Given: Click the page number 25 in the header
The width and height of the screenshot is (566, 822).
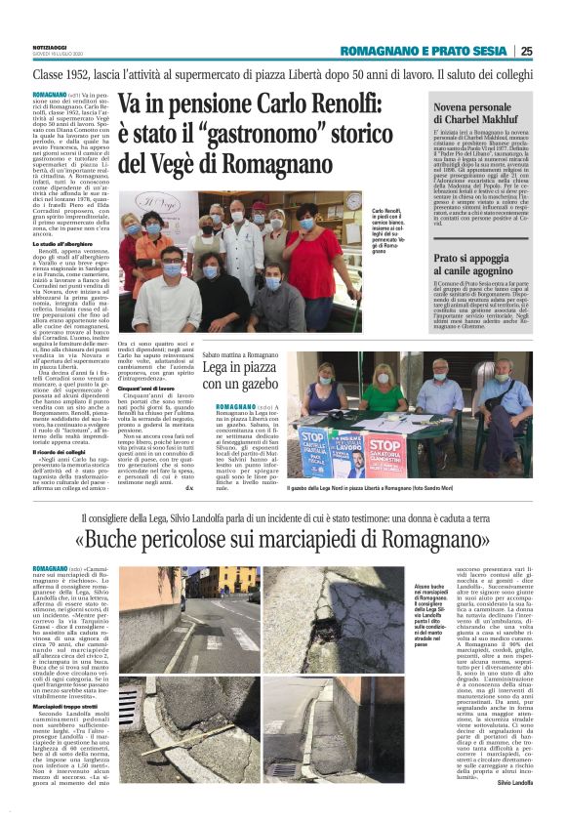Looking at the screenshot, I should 553,51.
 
